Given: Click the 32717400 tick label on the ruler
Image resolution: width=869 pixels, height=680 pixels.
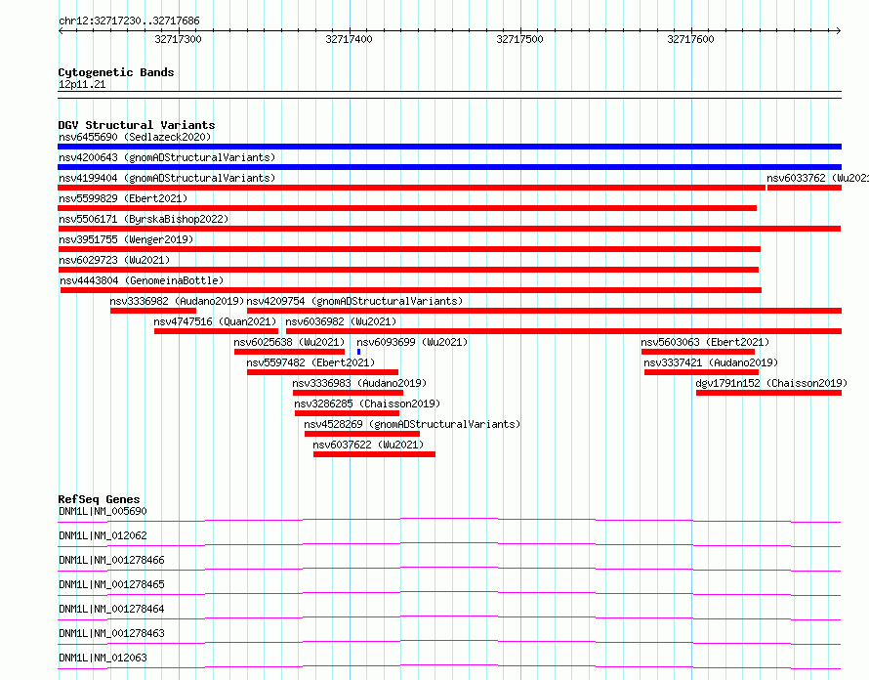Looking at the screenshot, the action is pyautogui.click(x=349, y=39).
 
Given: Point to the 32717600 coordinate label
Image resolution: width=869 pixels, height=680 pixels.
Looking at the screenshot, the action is pyautogui.click(x=690, y=39).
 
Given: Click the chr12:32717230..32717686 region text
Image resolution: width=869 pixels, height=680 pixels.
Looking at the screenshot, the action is pyautogui.click(x=129, y=21).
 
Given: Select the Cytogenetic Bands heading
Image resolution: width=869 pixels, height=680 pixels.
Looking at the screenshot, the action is pyautogui.click(x=116, y=72).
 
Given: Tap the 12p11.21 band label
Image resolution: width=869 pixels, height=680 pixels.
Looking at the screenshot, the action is pyautogui.click(x=82, y=84).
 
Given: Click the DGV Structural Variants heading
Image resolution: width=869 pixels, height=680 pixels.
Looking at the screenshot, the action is pyautogui.click(x=137, y=125).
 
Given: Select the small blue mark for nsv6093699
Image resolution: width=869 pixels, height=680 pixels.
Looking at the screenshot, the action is pyautogui.click(x=358, y=352).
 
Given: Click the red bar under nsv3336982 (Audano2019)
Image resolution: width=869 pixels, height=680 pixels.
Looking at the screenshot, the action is pyautogui.click(x=153, y=311).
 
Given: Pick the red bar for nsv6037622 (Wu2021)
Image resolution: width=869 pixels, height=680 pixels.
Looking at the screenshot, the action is pyautogui.click(x=374, y=454).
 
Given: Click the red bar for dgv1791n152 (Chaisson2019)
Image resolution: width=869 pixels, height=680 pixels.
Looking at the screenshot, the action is pyautogui.click(x=768, y=393).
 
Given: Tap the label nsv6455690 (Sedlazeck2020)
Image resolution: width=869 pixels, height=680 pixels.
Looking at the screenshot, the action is pyautogui.click(x=135, y=137).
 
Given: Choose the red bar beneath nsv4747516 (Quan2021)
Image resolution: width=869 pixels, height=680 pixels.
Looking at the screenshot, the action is pyautogui.click(x=216, y=331).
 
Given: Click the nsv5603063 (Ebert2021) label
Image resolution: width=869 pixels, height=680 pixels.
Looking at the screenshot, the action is pyautogui.click(x=705, y=342).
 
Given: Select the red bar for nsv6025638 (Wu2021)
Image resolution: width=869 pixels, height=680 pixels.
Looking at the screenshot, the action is pyautogui.click(x=289, y=352).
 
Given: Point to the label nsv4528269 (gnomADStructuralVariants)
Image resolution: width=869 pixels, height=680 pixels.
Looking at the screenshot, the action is pyautogui.click(x=412, y=424).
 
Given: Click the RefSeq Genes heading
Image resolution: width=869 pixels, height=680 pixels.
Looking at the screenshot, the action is pyautogui.click(x=99, y=499).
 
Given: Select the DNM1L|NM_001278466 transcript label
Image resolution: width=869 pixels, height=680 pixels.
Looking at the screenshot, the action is pyautogui.click(x=111, y=560).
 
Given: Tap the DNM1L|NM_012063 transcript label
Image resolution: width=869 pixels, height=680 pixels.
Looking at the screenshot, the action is pyautogui.click(x=103, y=658).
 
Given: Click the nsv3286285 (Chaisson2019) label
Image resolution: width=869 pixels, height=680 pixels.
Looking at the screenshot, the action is pyautogui.click(x=367, y=404).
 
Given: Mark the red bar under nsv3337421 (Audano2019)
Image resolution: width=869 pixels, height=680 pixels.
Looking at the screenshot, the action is pyautogui.click(x=701, y=372).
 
